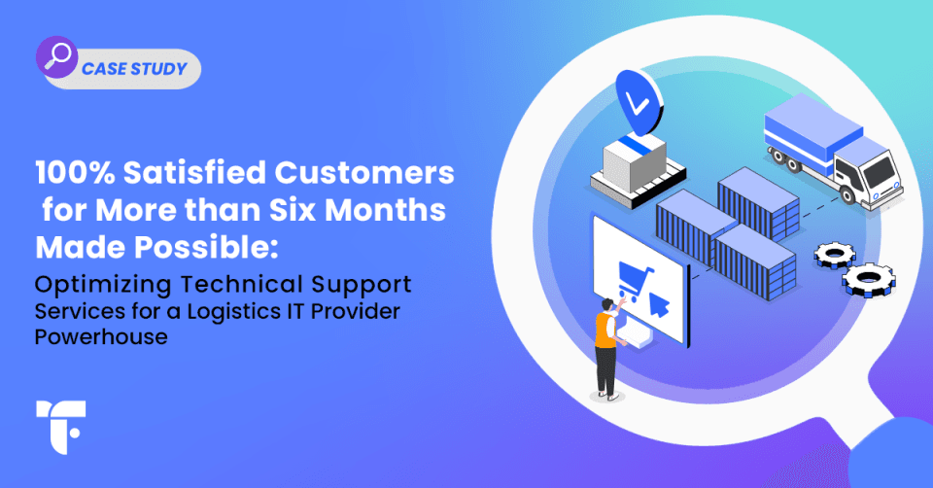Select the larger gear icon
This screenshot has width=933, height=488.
click(x=865, y=279)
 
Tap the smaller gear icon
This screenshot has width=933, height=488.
click(x=832, y=255)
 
